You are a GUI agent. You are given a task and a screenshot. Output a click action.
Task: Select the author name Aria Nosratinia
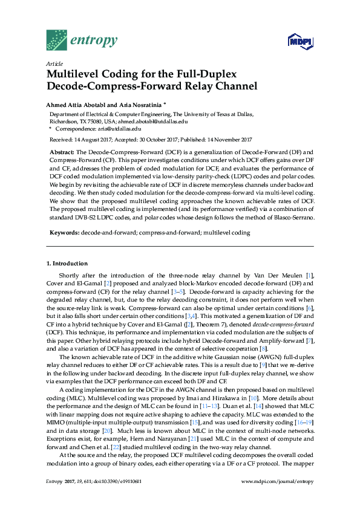tap(139, 104)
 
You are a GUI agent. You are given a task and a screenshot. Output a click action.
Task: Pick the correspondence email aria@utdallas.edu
tap(119, 128)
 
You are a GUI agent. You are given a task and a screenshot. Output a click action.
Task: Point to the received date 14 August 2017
tap(88, 139)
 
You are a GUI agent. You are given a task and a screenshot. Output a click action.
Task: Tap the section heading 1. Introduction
tap(67, 264)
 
